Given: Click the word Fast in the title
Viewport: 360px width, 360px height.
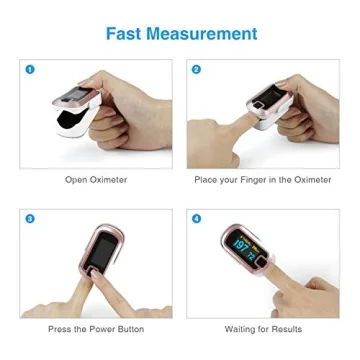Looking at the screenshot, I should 126,34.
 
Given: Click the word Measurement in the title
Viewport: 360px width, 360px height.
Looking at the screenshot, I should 203,34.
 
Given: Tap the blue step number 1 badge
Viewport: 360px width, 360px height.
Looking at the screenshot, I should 30,69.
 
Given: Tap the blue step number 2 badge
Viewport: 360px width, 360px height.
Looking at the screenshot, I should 197,69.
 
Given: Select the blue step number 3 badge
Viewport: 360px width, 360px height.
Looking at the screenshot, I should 30,218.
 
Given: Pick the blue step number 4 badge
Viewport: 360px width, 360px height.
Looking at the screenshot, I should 197,218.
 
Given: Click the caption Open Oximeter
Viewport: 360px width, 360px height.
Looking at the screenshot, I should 96,180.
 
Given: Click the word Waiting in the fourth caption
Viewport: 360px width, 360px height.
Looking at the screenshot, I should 238,329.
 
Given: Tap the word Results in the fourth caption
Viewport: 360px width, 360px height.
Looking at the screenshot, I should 285,329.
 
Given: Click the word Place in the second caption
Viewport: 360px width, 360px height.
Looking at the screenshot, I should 204,180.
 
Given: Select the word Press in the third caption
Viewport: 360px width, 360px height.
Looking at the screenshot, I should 60,329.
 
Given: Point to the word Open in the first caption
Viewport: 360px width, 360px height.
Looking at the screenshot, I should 78,180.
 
